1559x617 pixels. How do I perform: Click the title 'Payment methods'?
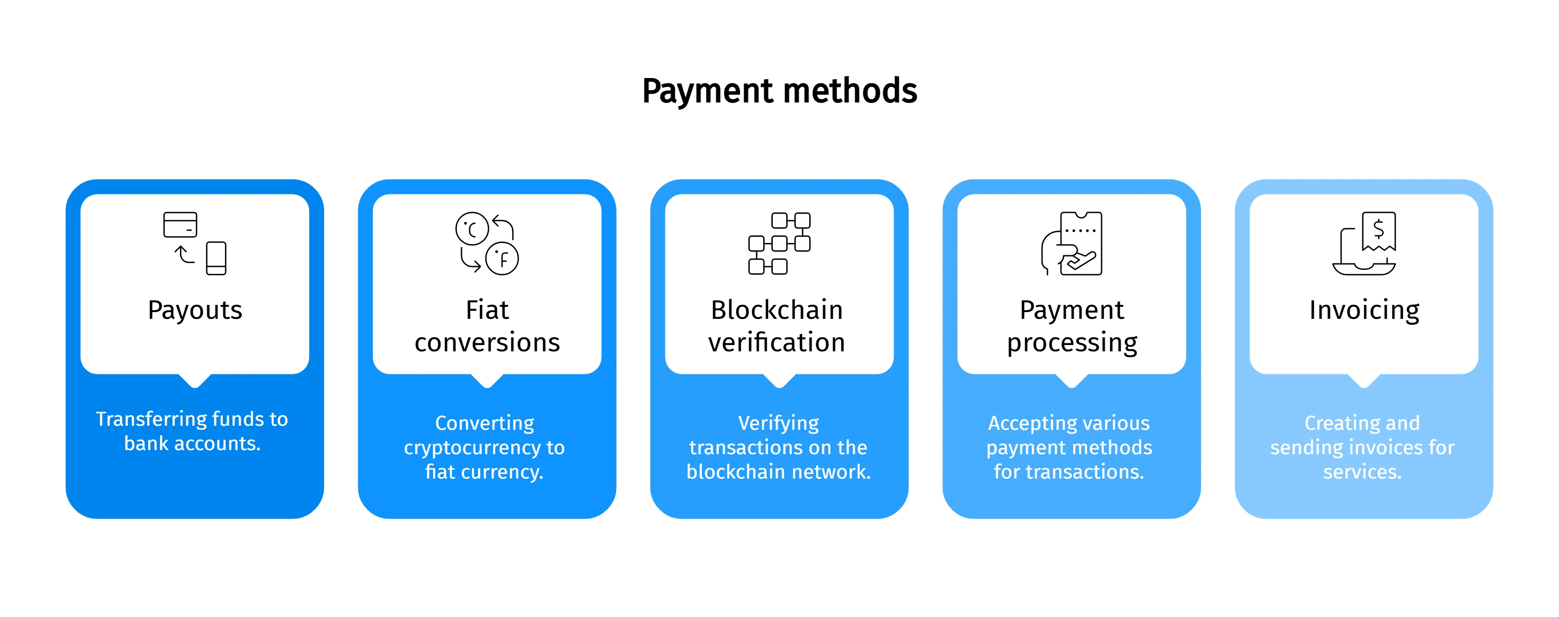coord(779,91)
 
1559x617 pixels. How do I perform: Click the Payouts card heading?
coord(195,310)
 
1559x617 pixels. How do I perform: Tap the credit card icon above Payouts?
coord(180,225)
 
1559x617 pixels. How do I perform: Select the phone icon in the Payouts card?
coord(216,258)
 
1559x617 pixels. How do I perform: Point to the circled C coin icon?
coord(471,229)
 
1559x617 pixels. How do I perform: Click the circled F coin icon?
coord(503,259)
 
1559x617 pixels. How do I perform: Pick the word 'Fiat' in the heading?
coord(487,310)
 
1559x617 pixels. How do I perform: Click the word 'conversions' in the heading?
coord(487,343)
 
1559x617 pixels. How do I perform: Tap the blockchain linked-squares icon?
coord(779,243)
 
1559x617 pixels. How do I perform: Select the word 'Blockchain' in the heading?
coord(777,310)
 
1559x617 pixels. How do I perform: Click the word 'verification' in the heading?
coord(777,343)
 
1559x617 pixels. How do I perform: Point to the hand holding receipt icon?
coord(1072,244)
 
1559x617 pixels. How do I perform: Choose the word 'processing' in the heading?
coord(1072,343)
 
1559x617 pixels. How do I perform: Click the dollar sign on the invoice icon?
coord(1379,229)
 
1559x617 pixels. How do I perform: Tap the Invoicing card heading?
coord(1364,310)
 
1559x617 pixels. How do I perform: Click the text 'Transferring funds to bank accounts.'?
coord(193,431)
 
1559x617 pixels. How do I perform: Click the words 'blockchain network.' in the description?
coord(778,472)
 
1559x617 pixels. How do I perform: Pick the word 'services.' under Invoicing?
coord(1362,472)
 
